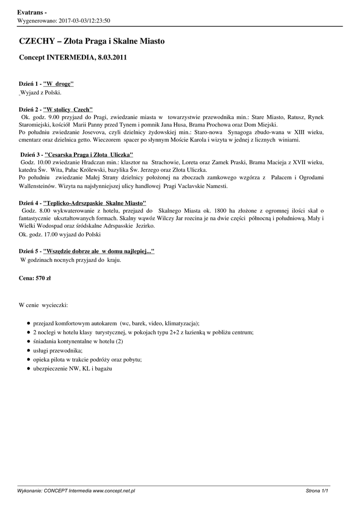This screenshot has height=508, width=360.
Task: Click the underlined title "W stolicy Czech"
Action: [68, 109]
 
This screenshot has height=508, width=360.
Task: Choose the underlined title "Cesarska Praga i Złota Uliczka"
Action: [89, 155]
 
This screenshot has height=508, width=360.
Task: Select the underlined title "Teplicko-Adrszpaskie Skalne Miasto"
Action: [95, 203]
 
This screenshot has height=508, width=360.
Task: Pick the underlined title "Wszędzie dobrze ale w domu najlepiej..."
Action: [99, 252]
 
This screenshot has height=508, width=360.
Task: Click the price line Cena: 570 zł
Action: [35, 278]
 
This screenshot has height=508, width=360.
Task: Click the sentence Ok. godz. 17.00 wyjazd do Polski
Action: [60, 234]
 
